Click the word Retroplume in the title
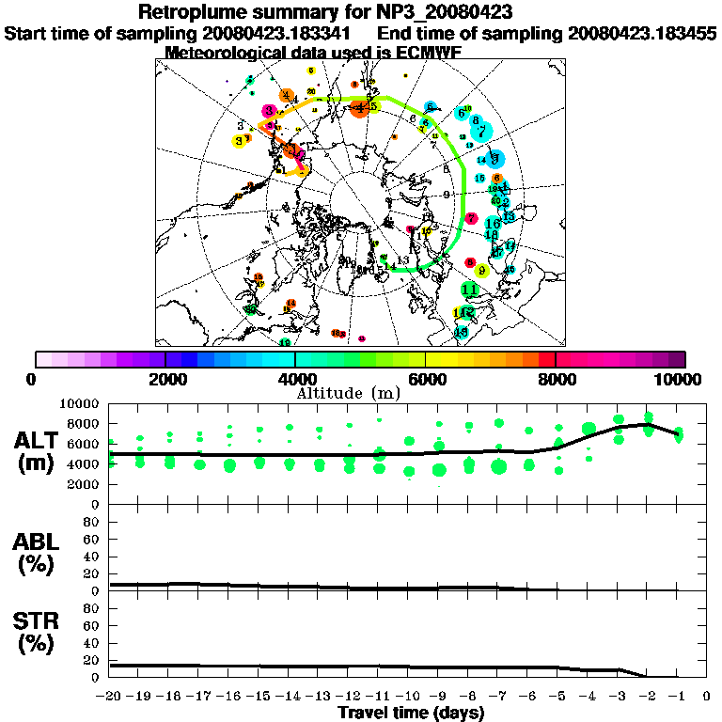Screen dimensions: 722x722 coord(195,12)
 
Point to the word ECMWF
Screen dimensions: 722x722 coord(429,52)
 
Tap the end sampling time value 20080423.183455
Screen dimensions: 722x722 coord(643,33)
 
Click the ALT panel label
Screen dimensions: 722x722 coord(39,441)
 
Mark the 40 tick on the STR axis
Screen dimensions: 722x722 coord(93,642)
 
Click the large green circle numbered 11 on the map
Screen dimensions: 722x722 coord(470,289)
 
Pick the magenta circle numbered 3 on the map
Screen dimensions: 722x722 coord(270,111)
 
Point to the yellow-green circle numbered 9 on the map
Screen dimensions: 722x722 coord(481,270)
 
